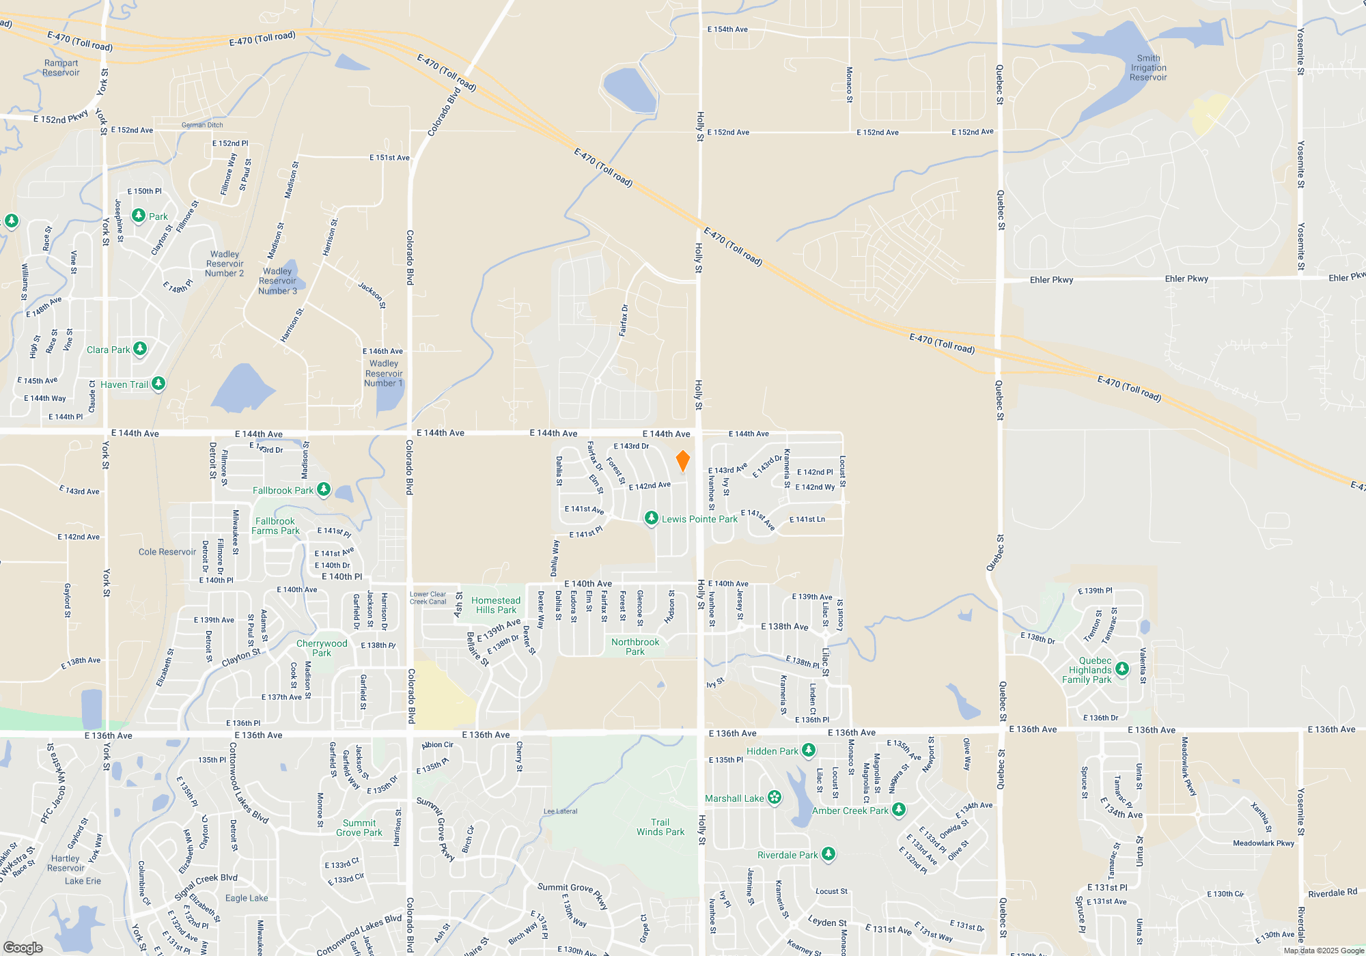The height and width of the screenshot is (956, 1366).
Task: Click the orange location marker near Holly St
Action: click(682, 461)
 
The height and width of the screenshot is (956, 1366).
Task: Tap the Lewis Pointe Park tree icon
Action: click(652, 518)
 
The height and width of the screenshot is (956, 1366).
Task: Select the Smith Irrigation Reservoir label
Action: click(1148, 68)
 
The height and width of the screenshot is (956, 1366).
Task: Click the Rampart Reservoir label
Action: click(61, 68)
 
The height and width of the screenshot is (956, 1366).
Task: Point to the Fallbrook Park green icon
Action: click(324, 490)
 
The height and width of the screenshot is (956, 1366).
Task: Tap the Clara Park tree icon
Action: click(140, 349)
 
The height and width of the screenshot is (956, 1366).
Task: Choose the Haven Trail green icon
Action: click(158, 384)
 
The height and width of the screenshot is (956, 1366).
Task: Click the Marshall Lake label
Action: click(734, 798)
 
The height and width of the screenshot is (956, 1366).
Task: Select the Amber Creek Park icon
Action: click(899, 810)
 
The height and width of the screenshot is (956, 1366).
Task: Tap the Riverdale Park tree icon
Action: click(828, 854)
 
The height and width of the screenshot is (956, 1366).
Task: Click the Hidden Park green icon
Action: click(809, 750)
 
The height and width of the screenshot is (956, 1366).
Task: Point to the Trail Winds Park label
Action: click(660, 827)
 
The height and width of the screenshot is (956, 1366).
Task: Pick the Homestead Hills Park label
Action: click(496, 605)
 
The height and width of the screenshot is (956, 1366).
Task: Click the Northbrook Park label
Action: click(635, 647)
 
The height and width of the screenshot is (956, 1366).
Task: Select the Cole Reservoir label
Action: click(167, 552)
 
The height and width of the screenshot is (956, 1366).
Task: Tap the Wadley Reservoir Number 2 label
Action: click(224, 264)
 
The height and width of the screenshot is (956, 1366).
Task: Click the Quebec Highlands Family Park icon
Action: click(1121, 669)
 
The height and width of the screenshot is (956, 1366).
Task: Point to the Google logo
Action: click(23, 948)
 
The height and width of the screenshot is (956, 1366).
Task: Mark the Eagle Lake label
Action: click(247, 898)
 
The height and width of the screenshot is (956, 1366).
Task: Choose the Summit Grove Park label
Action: click(359, 828)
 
